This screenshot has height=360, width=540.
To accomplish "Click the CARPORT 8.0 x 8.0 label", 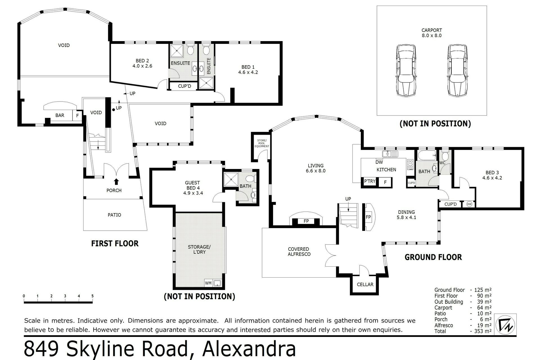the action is click(x=431, y=33).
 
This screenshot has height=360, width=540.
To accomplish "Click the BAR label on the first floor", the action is click(x=60, y=115).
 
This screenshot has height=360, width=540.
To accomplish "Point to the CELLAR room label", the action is click(x=365, y=284).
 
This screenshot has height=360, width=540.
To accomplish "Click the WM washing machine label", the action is click(x=208, y=283).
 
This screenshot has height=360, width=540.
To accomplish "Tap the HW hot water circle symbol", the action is click(x=469, y=204).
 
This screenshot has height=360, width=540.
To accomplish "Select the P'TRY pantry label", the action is click(x=370, y=181).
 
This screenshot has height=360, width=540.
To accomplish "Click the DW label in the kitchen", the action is click(x=379, y=162).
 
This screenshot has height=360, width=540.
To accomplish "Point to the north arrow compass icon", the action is click(x=505, y=325).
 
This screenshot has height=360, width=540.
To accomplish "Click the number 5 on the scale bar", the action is click(x=93, y=296).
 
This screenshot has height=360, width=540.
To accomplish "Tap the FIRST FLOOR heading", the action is click(x=115, y=243).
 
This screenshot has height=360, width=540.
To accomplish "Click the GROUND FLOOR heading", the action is click(x=433, y=257).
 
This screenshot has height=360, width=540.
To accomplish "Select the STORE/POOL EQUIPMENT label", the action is click(x=262, y=143).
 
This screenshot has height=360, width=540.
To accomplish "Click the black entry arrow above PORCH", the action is click(x=116, y=181).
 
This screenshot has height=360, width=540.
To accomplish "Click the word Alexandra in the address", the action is click(x=249, y=349).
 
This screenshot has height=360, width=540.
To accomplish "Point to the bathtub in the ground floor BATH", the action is click(x=427, y=155).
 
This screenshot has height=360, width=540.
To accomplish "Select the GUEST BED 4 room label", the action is click(x=193, y=188).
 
